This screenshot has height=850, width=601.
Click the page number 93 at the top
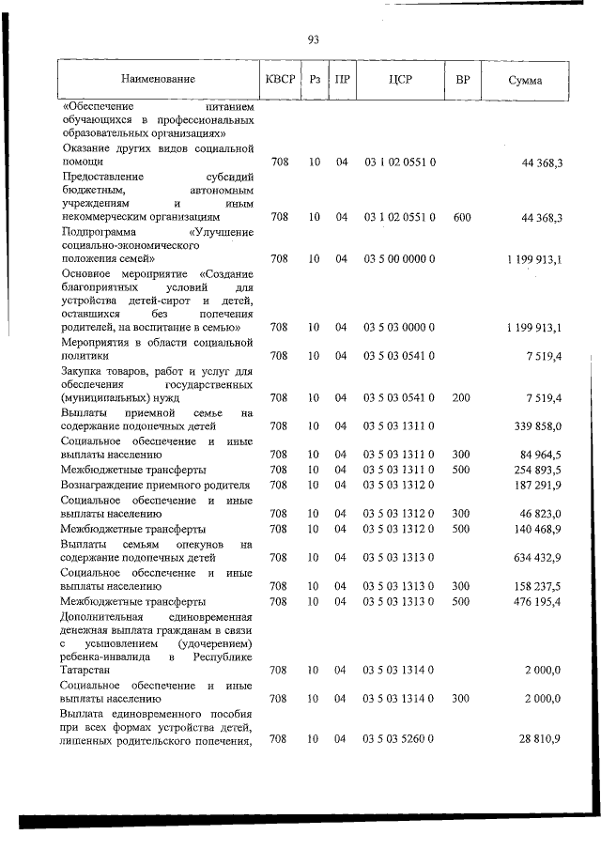point(313,39)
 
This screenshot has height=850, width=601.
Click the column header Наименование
point(157,81)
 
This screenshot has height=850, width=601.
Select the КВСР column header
point(280,81)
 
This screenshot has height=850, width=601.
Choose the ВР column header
point(461,81)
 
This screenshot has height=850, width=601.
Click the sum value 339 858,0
point(535,425)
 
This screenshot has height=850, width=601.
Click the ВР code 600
point(461,218)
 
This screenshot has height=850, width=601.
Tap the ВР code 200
point(461,398)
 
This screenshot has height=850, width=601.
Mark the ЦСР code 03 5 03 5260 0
point(399,741)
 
